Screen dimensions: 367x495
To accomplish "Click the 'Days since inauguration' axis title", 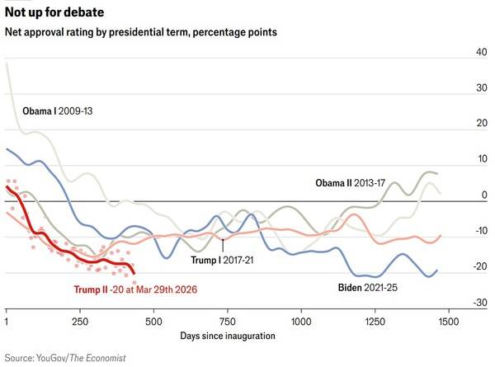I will coord(227,337).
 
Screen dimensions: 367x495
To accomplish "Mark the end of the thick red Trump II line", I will coord(134,273).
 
